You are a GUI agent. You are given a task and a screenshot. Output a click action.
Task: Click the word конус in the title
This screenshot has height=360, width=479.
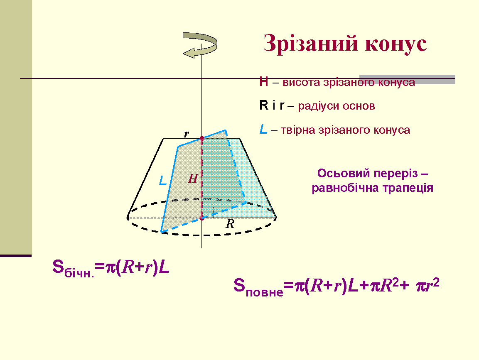(x=396, y=44)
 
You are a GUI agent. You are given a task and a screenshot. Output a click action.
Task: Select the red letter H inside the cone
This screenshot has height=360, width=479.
(x=193, y=179)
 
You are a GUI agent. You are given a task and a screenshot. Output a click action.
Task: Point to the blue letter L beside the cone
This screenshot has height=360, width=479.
(x=163, y=181)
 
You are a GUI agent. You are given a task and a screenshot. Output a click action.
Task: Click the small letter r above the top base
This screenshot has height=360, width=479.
(x=187, y=134)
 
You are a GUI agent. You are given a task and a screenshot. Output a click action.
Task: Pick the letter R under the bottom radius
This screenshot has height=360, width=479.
(x=230, y=224)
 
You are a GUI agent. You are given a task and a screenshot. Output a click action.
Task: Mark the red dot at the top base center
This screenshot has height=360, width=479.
(x=201, y=139)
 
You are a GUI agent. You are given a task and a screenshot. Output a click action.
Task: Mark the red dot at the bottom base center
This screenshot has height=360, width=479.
(x=201, y=218)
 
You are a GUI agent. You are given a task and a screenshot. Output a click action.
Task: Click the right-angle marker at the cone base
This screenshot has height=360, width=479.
(x=208, y=211)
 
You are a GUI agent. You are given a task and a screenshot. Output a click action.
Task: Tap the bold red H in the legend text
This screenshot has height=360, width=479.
(x=264, y=82)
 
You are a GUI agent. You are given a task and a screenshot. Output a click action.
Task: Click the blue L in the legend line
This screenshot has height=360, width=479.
(x=263, y=130)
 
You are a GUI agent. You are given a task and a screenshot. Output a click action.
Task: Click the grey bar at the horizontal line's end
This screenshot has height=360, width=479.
(x=407, y=79)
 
